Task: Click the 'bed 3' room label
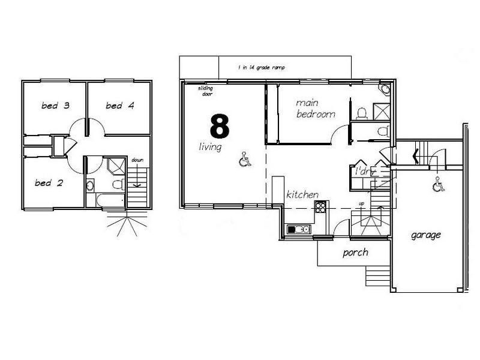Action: coord(55,106)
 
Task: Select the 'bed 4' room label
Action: coord(120,106)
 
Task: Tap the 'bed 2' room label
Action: coord(49,183)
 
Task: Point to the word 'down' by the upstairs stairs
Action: coord(137,160)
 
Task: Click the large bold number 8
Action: coord(220,125)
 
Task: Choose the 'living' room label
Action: coord(211,147)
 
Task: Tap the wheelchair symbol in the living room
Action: coord(245,160)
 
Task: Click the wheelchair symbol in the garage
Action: coord(439,184)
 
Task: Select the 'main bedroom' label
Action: coord(316,109)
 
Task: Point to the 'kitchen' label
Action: coord(302,194)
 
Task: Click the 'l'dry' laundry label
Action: coord(365,172)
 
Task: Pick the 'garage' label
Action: coord(426,235)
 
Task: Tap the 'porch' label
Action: coord(355,253)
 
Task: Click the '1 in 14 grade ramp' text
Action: coord(262,67)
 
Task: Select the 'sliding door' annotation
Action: coord(206,91)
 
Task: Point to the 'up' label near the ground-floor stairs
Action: coord(362,203)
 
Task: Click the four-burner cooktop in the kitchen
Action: coord(320,207)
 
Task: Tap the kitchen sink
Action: coord(299,229)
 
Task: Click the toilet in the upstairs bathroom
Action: coord(118,184)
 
